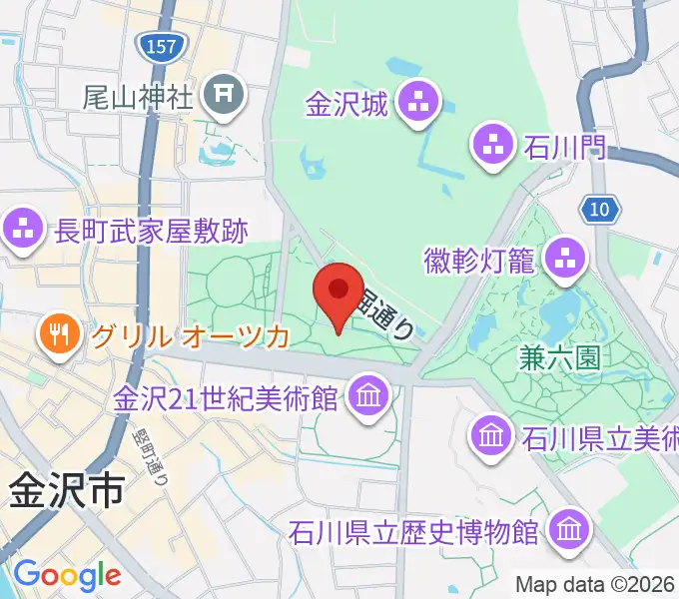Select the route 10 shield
600,209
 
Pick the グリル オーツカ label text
190,334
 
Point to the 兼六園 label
559,357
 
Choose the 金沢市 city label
67,489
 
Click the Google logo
67,574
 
